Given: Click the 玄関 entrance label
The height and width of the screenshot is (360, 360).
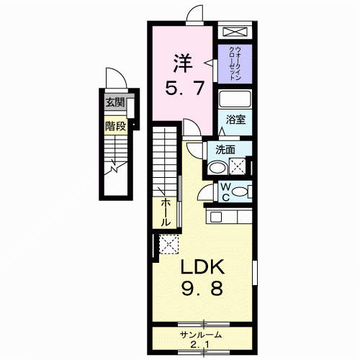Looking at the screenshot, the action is pyautogui.click(x=115, y=103).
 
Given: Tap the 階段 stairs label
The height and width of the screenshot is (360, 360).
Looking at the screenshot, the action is pyautogui.click(x=116, y=126).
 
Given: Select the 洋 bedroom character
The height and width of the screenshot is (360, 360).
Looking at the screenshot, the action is pyautogui.click(x=183, y=63).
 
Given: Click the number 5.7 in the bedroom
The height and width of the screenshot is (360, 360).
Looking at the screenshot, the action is pyautogui.click(x=185, y=88).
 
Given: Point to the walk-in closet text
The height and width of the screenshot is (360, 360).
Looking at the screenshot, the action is pyautogui.click(x=235, y=63).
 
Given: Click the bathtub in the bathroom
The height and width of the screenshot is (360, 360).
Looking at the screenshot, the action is pyautogui.click(x=235, y=99).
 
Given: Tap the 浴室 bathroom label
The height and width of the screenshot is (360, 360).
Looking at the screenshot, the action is pyautogui.click(x=235, y=120).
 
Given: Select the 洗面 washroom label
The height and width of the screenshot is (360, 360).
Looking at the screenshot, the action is pyautogui.click(x=225, y=150).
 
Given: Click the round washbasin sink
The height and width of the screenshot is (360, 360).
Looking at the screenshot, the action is pyautogui.click(x=217, y=167).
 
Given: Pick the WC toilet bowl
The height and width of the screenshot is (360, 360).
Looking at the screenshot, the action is pyautogui.click(x=240, y=192).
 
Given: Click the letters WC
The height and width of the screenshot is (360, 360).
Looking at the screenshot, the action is pyautogui.click(x=225, y=192).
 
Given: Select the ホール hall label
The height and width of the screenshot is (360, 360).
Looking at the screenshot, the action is pyautogui.click(x=164, y=212).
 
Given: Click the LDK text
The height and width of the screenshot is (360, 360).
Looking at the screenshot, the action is pyautogui.click(x=202, y=266).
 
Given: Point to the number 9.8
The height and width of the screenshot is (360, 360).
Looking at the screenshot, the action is pyautogui.click(x=202, y=288).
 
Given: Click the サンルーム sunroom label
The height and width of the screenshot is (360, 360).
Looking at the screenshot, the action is pyautogui.click(x=201, y=334).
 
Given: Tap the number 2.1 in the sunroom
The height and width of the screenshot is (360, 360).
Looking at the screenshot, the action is pyautogui.click(x=199, y=345).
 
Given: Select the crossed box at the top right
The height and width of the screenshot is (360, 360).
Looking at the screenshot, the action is pyautogui.click(x=235, y=32).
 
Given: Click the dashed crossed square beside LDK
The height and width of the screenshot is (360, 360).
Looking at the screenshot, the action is pyautogui.click(x=169, y=244).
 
